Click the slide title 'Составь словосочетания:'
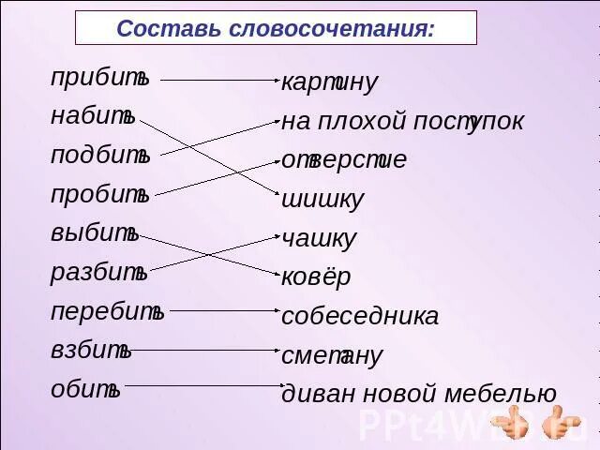276,29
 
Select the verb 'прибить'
99,79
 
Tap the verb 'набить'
93,117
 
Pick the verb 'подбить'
100,156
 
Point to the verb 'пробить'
99,194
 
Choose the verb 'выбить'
95,232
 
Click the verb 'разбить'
98,272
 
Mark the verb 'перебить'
107,311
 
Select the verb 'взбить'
91,351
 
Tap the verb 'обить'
85,389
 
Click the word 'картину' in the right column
329,82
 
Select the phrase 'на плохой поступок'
402,122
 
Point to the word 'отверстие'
344,160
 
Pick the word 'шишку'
322,200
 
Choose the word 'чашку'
319,239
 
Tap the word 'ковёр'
316,277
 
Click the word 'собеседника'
360,317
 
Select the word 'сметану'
332,356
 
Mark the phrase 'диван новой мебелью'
419,394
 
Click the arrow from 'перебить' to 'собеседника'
225,309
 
